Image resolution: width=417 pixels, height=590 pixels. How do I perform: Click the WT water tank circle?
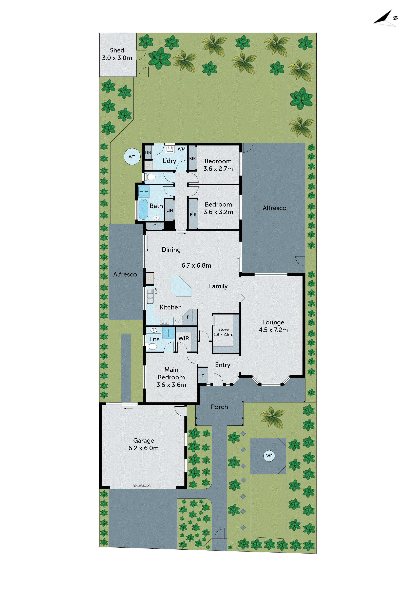pyautogui.click(x=132, y=157)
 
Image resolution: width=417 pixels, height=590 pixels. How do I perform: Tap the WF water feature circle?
pyautogui.click(x=269, y=456)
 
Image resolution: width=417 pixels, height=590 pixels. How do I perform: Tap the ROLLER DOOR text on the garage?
pyautogui.click(x=142, y=485)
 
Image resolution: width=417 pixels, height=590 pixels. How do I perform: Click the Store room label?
pyautogui.click(x=223, y=329)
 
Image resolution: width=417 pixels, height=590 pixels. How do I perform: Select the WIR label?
pyautogui.click(x=184, y=338)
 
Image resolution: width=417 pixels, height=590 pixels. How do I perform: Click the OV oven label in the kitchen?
pyautogui.click(x=177, y=321)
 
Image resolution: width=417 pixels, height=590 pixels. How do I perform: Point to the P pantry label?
pyautogui.click(x=188, y=317)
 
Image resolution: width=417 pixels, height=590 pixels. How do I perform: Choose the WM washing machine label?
pyautogui.click(x=181, y=149)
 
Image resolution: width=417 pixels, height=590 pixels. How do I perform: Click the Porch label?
pyautogui.click(x=219, y=407)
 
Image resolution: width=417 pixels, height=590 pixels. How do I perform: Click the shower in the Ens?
pyautogui.click(x=168, y=333)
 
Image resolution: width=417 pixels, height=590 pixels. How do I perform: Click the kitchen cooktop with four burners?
pyautogui.click(x=164, y=321)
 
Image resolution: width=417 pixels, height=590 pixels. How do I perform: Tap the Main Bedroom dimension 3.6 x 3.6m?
pyautogui.click(x=171, y=385)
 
